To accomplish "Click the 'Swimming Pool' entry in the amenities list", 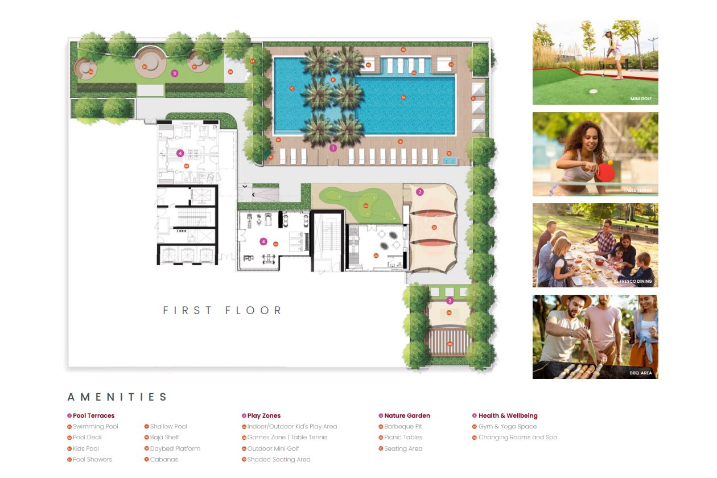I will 95,426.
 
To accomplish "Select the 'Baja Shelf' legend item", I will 164,438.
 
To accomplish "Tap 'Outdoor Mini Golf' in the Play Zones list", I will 273,448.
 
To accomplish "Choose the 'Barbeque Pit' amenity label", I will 403,426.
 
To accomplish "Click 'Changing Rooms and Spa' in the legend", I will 518,438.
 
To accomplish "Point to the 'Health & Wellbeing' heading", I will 508,415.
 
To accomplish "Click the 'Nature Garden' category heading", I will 407,415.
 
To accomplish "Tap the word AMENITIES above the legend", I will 117,397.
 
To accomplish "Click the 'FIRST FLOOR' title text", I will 222,311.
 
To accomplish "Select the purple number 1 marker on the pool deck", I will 333,148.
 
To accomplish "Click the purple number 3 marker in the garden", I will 175,73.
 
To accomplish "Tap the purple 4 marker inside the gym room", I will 263,241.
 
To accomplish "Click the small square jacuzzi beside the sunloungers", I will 450,161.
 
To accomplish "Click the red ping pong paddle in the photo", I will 608,170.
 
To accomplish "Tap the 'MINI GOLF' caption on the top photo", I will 641,99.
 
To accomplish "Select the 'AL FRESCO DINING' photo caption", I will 632,282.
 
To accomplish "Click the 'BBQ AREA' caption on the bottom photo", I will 641,373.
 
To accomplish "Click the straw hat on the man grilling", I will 569,302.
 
